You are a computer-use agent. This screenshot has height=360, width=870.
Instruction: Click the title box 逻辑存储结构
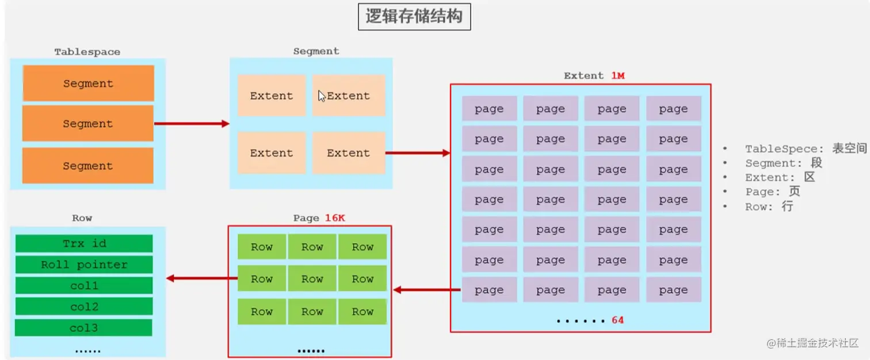[414, 17]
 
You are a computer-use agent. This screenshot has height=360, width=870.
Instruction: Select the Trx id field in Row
[84, 243]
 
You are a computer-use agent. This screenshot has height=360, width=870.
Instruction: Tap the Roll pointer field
[84, 265]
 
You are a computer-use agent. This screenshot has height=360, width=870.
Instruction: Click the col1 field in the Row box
[84, 286]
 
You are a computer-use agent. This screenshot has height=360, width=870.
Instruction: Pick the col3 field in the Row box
[84, 328]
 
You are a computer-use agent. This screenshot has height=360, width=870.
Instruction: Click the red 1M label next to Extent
[617, 75]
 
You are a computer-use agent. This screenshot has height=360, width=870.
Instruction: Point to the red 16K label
[334, 218]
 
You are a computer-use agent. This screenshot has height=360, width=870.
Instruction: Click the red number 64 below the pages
[617, 320]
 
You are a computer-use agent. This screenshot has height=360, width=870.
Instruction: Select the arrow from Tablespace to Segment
[192, 124]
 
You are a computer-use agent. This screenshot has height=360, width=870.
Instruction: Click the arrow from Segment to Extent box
[417, 153]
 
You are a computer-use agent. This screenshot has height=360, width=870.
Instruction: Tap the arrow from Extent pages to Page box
[426, 290]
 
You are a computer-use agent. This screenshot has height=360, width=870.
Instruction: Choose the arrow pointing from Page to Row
[202, 278]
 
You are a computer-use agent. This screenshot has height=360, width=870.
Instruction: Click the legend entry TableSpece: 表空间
[806, 149]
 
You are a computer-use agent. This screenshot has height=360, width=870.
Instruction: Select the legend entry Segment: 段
[783, 163]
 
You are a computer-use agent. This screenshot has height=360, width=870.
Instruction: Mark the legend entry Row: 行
[769, 206]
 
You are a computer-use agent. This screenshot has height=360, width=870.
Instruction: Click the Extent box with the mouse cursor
[348, 95]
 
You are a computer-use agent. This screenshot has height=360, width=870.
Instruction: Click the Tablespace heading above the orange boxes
[87, 52]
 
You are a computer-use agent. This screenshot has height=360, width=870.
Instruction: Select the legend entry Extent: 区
[780, 178]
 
